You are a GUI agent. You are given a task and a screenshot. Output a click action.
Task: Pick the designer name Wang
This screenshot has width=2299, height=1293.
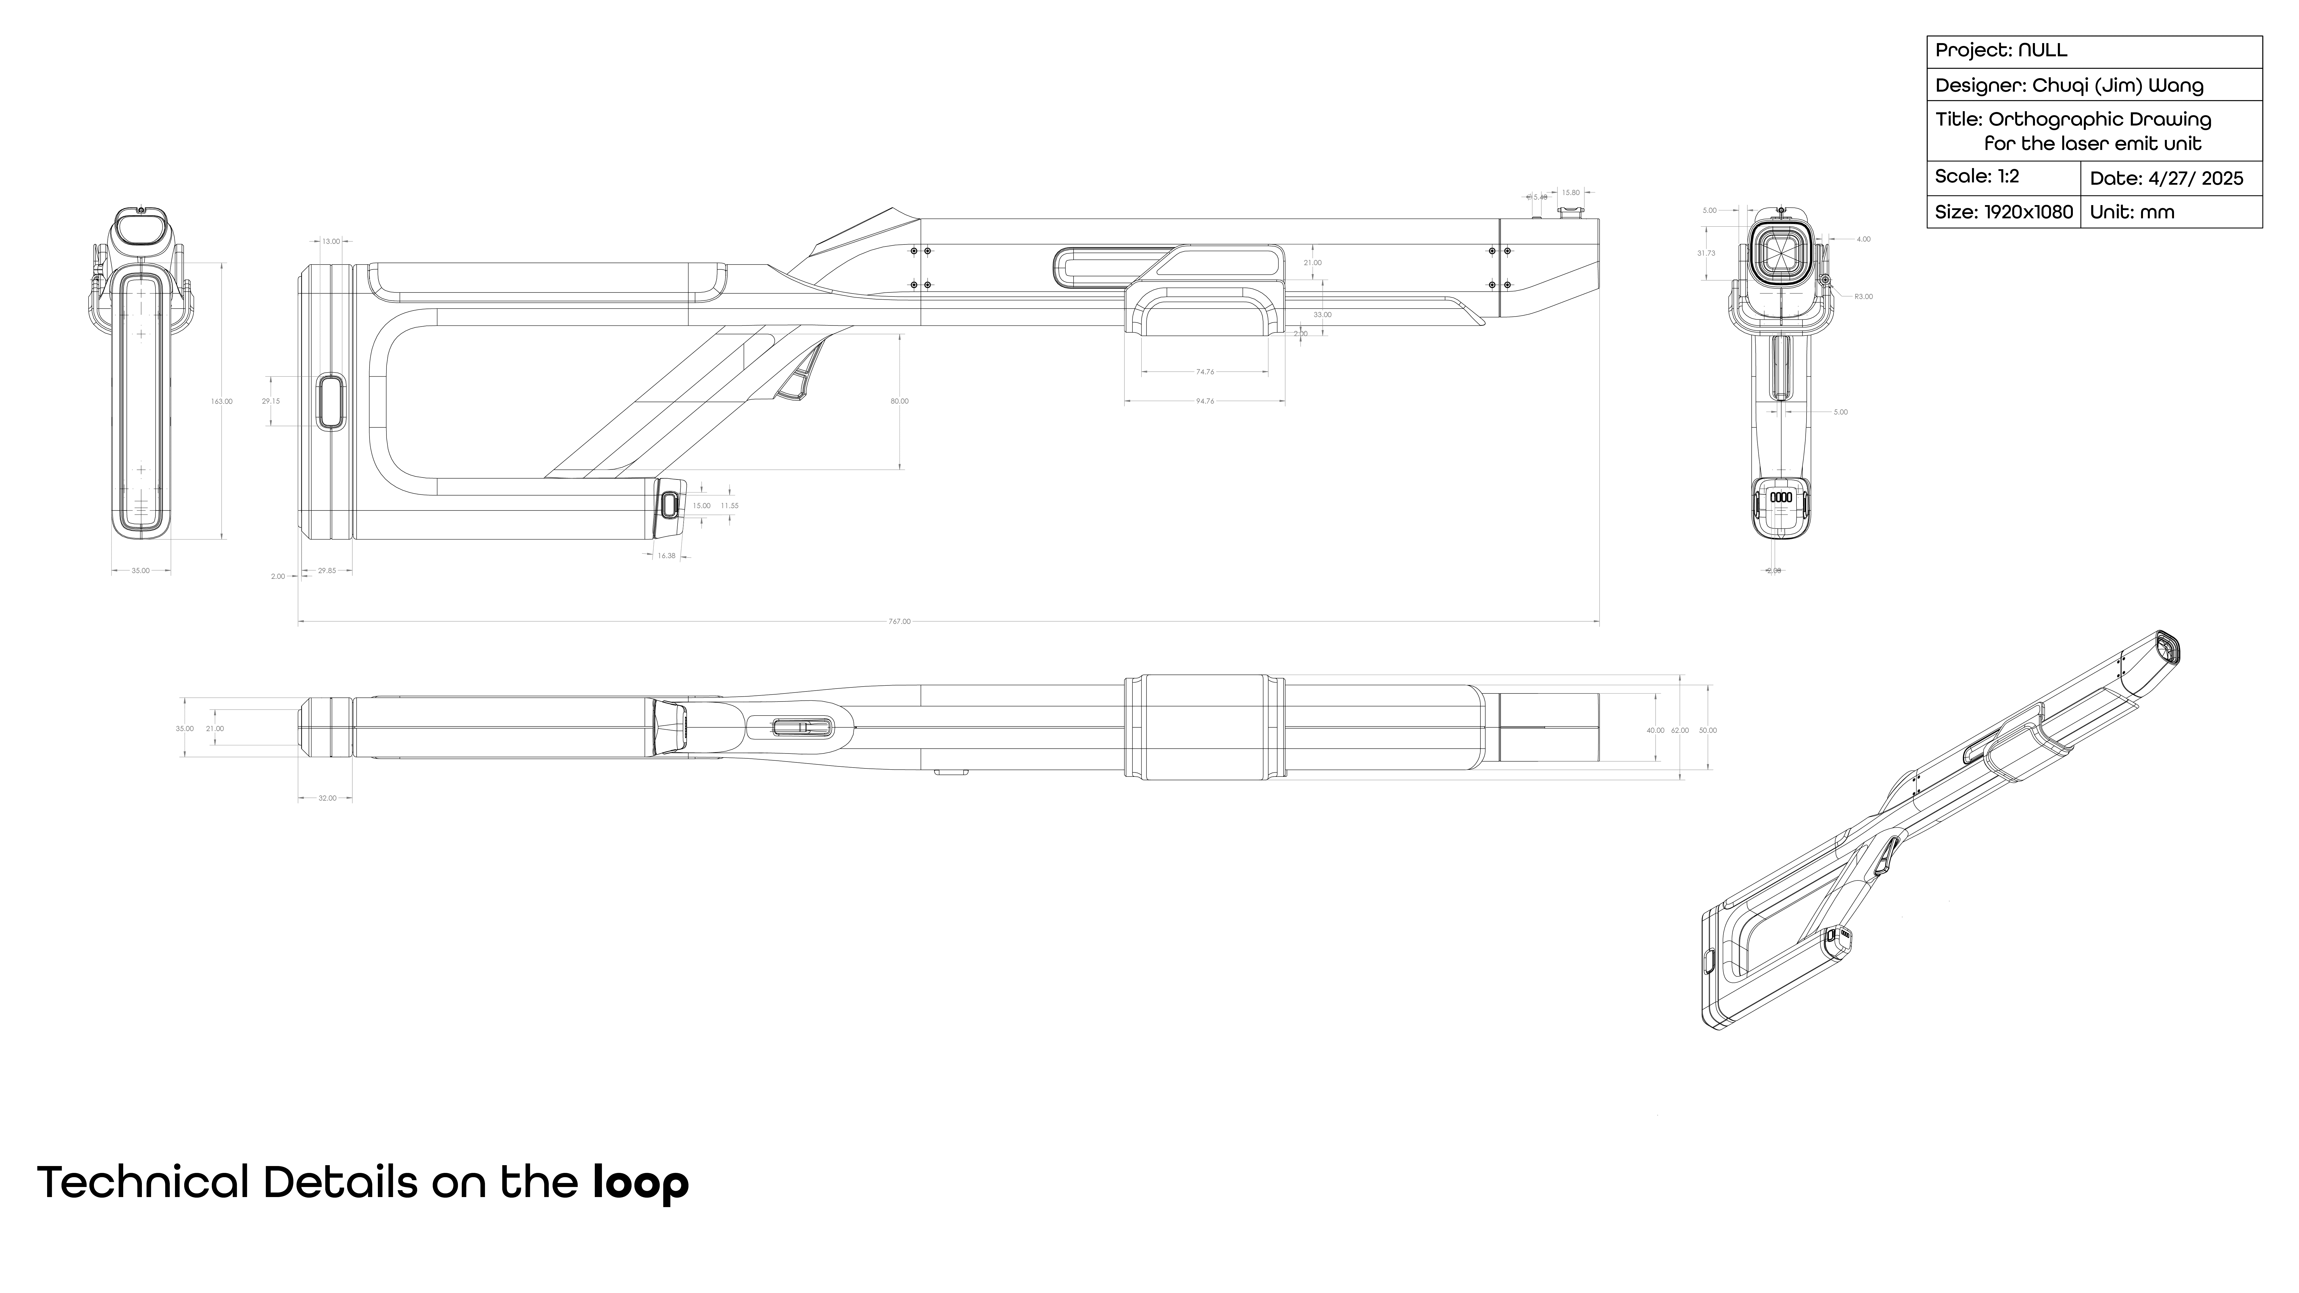pyautogui.click(x=2175, y=86)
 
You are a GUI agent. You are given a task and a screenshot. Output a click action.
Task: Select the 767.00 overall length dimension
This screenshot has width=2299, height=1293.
pyautogui.click(x=900, y=621)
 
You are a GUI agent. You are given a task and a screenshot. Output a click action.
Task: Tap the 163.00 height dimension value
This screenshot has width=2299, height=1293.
pyautogui.click(x=221, y=402)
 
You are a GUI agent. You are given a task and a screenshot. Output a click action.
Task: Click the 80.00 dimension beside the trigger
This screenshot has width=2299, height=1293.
pyautogui.click(x=900, y=402)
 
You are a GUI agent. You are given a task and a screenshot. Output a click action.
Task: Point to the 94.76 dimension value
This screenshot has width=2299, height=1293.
pyautogui.click(x=1205, y=402)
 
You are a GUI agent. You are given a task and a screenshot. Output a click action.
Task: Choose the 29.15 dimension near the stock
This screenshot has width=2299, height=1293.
pyautogui.click(x=270, y=402)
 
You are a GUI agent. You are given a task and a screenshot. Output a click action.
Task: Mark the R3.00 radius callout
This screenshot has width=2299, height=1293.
pyautogui.click(x=1863, y=296)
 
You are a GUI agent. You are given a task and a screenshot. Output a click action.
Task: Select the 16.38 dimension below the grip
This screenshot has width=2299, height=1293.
pyautogui.click(x=666, y=556)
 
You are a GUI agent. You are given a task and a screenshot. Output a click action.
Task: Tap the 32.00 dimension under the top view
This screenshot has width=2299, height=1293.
pyautogui.click(x=328, y=798)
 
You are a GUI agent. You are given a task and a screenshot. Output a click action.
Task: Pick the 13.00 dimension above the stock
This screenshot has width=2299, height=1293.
pyautogui.click(x=330, y=241)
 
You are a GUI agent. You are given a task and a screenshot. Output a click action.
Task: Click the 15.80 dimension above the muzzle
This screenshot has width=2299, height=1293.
pyautogui.click(x=1570, y=193)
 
